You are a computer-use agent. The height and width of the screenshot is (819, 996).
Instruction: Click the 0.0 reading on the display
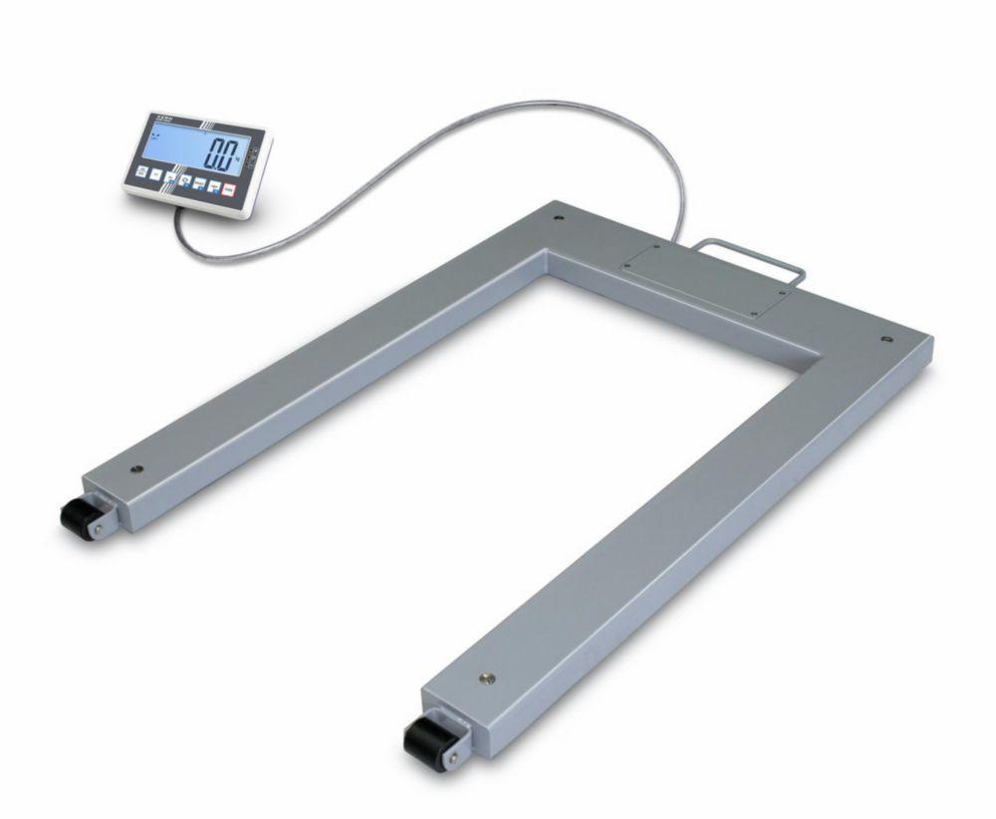tap(221, 155)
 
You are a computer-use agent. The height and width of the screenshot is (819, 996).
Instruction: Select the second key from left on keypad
tap(156, 174)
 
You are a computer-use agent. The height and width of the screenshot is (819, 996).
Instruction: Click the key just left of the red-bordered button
tap(214, 186)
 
